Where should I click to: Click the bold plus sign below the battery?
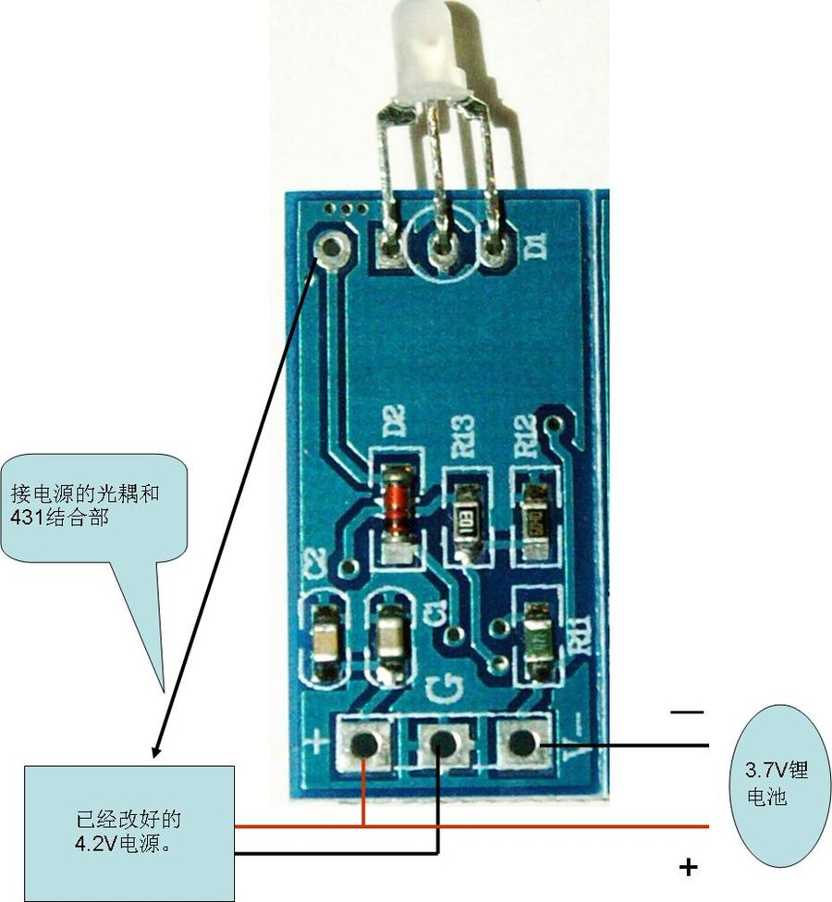pos(687,866)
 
